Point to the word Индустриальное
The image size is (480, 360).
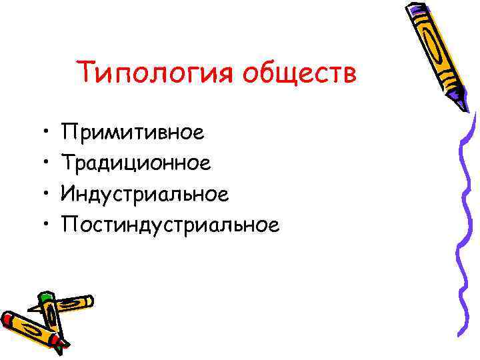(x=145, y=194)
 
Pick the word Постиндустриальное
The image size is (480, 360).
(x=169, y=225)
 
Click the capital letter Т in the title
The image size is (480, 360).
(x=83, y=71)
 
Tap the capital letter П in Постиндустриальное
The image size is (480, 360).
(x=67, y=225)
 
